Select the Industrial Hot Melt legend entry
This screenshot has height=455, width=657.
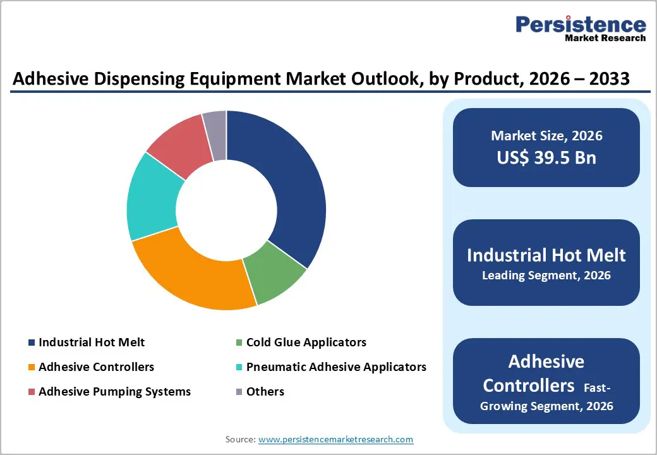(x=91, y=343)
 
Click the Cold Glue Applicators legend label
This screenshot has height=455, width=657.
(x=306, y=343)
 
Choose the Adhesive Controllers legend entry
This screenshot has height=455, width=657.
(x=96, y=367)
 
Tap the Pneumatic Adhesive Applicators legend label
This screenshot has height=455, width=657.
(x=336, y=367)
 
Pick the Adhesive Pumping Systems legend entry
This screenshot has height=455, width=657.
(x=114, y=392)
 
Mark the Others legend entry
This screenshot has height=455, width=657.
(x=265, y=392)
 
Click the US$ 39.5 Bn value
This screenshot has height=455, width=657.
(x=546, y=157)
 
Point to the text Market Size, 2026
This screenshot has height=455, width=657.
(x=546, y=136)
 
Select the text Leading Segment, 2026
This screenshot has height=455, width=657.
(x=546, y=276)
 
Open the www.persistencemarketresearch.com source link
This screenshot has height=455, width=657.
(x=335, y=439)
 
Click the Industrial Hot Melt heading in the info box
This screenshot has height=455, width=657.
(x=546, y=255)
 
